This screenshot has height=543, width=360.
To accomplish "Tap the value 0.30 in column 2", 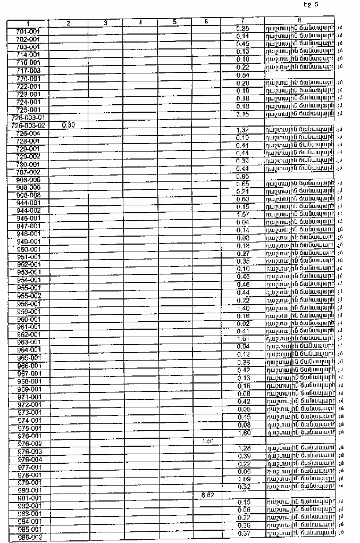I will point(68,125).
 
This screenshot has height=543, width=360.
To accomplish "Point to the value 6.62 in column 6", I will point(208,495).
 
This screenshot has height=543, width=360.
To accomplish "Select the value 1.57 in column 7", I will point(242,214).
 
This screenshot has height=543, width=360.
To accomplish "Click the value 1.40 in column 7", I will point(242,308).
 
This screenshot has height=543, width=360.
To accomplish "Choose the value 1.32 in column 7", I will point(242,130).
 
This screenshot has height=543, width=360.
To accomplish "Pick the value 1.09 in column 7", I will point(242,479).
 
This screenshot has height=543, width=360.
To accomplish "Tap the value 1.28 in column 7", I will point(242,448).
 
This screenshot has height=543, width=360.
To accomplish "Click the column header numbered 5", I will point(174,22).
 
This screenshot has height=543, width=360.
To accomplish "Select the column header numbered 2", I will point(69,23).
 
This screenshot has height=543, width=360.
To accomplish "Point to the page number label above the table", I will point(311,5).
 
